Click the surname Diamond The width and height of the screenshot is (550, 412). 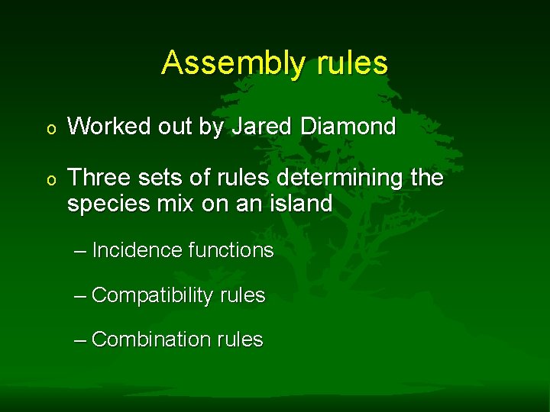pos(348,127)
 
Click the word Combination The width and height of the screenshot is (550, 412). pos(150,340)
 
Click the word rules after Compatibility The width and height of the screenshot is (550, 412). pos(241,296)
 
